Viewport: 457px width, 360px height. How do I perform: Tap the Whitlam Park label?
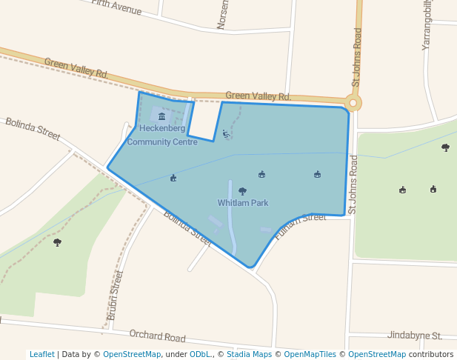click(243, 203)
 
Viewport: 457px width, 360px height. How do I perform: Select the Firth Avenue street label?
click(116, 7)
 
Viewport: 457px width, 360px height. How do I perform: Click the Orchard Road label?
click(157, 337)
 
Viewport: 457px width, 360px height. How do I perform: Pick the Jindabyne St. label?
click(415, 336)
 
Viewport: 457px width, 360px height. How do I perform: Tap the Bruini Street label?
click(115, 295)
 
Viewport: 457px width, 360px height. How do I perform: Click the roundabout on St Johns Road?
click(354, 103)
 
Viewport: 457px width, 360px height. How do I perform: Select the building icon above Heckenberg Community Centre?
click(161, 116)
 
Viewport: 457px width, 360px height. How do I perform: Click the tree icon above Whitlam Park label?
click(242, 191)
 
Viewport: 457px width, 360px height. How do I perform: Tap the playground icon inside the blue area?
click(226, 134)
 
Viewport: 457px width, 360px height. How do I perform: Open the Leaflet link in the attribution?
click(42, 354)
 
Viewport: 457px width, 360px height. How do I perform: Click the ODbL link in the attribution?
click(200, 354)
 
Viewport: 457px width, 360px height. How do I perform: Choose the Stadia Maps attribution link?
click(248, 354)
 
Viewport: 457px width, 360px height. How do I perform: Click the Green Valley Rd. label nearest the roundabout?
click(258, 96)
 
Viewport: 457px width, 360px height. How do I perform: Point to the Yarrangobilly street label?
click(427, 26)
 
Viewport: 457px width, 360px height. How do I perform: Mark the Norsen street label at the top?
click(222, 15)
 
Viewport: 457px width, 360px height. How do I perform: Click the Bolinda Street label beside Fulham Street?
click(187, 229)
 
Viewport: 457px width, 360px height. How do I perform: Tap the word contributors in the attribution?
click(431, 354)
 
